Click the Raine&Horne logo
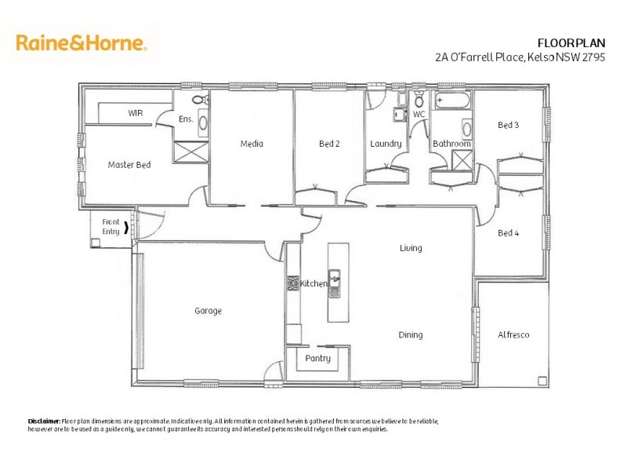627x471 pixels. click(x=81, y=42)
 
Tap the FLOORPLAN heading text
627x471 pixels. click(x=571, y=42)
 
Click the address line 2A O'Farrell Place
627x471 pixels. click(x=520, y=57)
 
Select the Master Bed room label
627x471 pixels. click(x=129, y=165)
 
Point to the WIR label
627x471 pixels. click(x=136, y=113)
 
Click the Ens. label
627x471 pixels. click(x=186, y=119)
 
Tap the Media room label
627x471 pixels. click(x=252, y=144)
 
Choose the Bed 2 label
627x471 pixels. click(x=329, y=144)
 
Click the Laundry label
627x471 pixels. click(x=386, y=144)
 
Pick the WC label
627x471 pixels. click(x=419, y=115)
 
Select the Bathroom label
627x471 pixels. click(x=451, y=144)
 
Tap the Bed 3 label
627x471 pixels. click(x=509, y=126)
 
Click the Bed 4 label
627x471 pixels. click(x=509, y=232)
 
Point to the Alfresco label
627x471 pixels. click(x=513, y=334)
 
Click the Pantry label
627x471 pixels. click(x=317, y=359)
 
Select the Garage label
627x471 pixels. click(x=208, y=311)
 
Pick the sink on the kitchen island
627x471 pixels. click(x=335, y=277)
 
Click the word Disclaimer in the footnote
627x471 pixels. click(x=44, y=422)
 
